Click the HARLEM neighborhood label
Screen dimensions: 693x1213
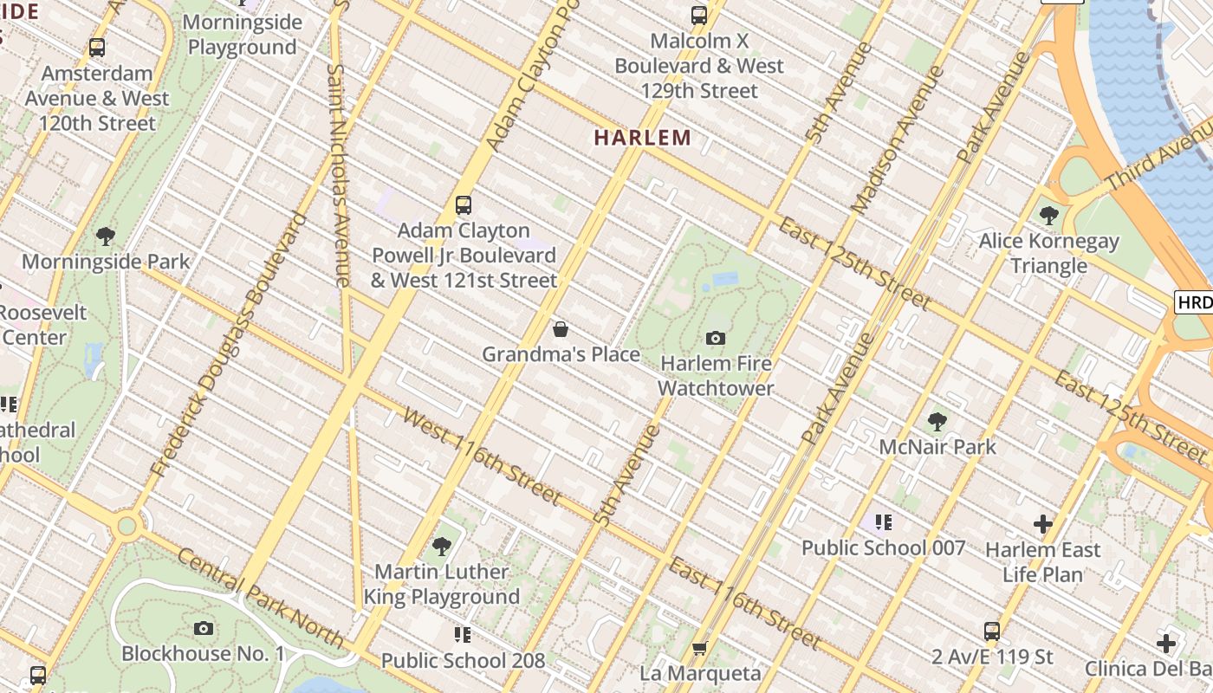coord(642,137)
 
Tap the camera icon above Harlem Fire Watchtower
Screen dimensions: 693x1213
coord(716,338)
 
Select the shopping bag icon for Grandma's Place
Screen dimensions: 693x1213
coord(561,329)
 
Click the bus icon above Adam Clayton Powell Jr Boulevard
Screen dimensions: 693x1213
coord(464,205)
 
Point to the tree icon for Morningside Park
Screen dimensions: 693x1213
coord(106,236)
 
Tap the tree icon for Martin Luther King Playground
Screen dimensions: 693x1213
coord(442,546)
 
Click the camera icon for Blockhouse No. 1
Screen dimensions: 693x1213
coord(204,628)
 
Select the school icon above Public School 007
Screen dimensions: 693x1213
coord(883,521)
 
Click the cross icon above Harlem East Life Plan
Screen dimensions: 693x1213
coord(1043,524)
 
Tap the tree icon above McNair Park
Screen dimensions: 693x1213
coord(937,422)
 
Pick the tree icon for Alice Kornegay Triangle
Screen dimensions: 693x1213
coord(1049,215)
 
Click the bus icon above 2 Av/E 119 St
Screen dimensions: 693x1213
coord(992,631)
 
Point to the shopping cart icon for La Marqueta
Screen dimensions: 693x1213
coord(700,648)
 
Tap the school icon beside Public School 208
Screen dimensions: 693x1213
coord(463,635)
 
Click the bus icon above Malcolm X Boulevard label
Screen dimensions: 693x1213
coord(699,15)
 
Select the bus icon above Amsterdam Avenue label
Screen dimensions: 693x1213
coord(97,48)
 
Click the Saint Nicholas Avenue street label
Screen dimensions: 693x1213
coord(339,173)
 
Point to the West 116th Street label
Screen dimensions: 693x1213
coord(483,457)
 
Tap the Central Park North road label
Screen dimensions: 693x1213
coord(260,596)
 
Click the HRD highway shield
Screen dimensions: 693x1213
coord(1194,301)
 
